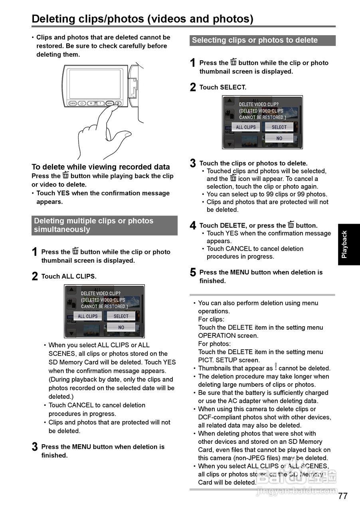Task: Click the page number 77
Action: [343, 496]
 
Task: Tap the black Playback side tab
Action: [348, 244]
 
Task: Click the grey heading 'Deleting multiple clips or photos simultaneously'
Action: [104, 225]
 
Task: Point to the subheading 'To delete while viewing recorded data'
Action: [101, 167]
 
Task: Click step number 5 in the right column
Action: [193, 273]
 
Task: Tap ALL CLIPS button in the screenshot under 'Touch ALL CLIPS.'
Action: [88, 316]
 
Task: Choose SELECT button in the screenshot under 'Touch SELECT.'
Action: [279, 127]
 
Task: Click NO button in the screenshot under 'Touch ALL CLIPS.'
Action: [121, 327]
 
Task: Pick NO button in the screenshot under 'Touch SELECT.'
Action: [279, 138]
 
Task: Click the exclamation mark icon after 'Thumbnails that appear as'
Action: [275, 368]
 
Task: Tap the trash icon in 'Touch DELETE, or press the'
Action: [291, 225]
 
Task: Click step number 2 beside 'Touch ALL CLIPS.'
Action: [35, 277]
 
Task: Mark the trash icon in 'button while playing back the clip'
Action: [65, 176]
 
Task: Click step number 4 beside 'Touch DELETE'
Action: [193, 226]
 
